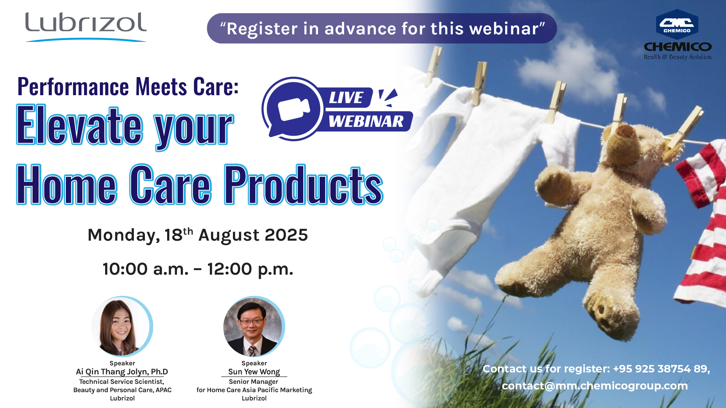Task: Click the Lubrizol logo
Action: coord(86,26)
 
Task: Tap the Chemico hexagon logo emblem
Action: coord(677,25)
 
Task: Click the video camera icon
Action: coord(294,109)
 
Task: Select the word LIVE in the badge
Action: coord(346,97)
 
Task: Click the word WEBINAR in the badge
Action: coord(366,121)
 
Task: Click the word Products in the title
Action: coord(304,184)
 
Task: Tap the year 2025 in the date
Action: coord(286,235)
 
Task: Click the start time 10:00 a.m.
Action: coord(146,269)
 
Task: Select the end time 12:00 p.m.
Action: coord(250,269)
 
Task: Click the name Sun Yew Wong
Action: coord(254,372)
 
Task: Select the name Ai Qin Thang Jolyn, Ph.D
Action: coord(122,372)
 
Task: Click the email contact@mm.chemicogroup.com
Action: coord(595,386)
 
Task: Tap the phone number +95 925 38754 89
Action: coord(661,369)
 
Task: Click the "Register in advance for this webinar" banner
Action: coord(382,28)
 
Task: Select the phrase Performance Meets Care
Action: coord(128,87)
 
